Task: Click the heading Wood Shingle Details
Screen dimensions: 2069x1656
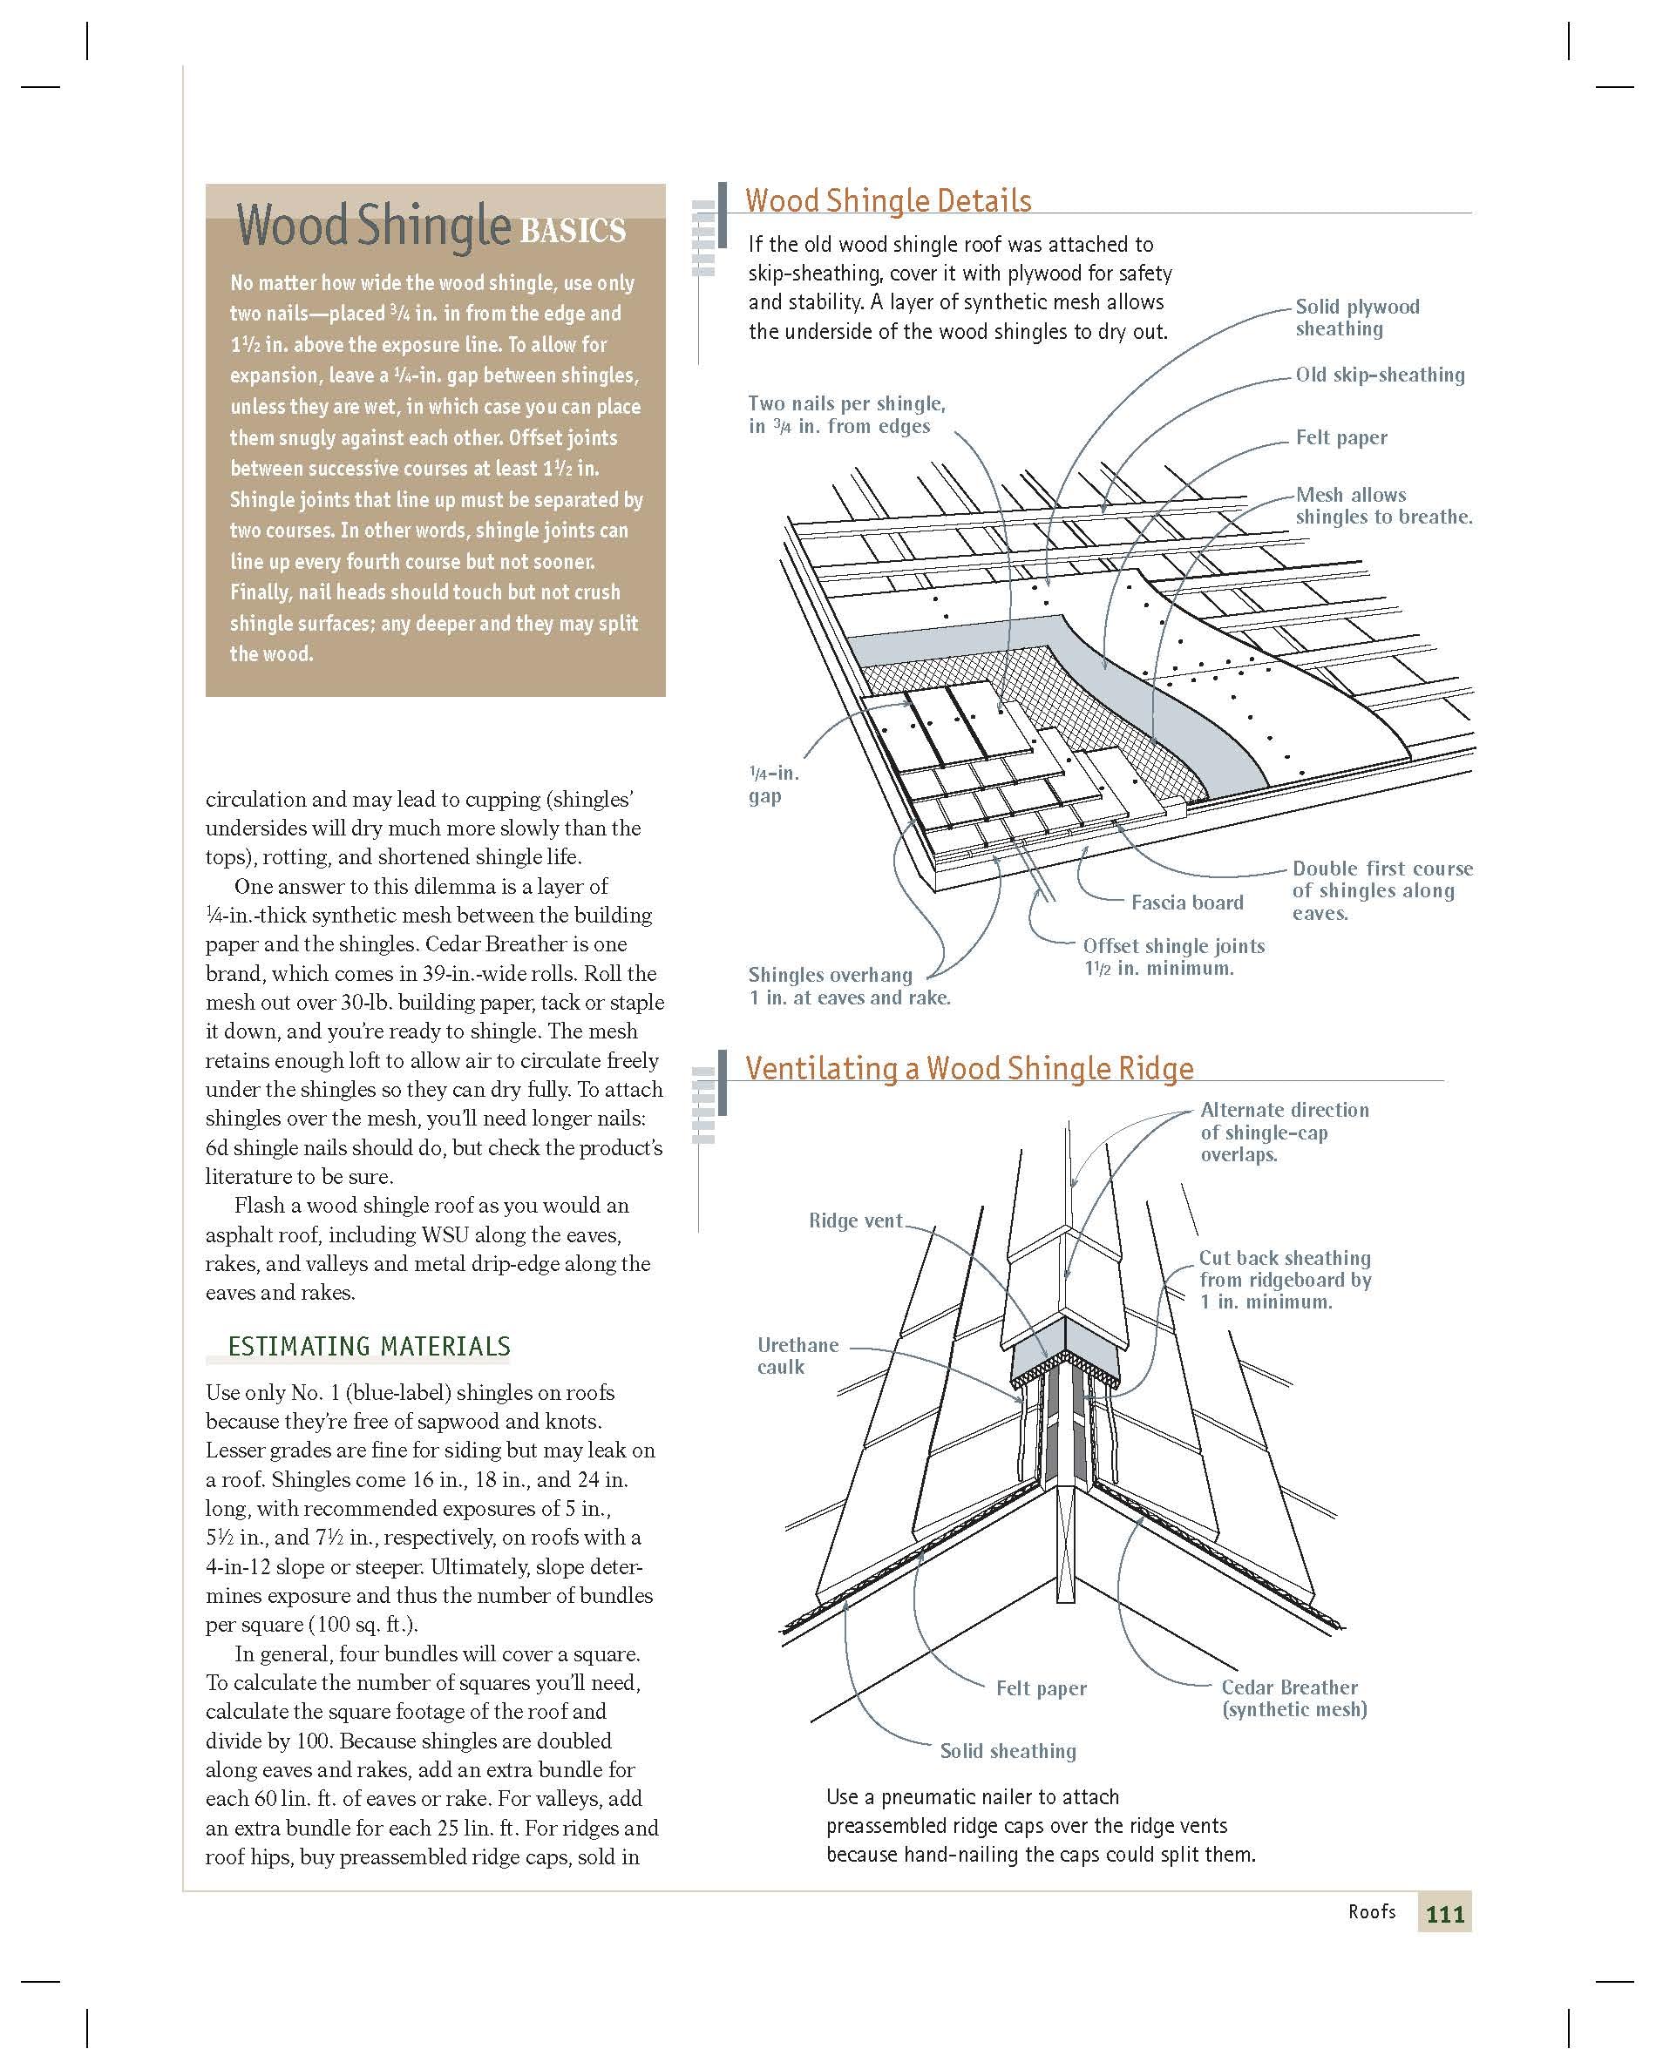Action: pyautogui.click(x=888, y=200)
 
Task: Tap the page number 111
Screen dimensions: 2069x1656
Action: pyautogui.click(x=1444, y=1915)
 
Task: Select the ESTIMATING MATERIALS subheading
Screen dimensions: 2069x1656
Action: pyautogui.click(x=369, y=1347)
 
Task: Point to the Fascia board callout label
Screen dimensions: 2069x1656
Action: pyautogui.click(x=1186, y=902)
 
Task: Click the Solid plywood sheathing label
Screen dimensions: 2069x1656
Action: pyautogui.click(x=1356, y=318)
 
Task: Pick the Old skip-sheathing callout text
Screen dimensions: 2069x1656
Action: pyautogui.click(x=1380, y=375)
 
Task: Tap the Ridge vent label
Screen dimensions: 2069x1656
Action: pyautogui.click(x=855, y=1220)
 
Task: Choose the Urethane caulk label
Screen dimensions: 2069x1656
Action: pyautogui.click(x=797, y=1356)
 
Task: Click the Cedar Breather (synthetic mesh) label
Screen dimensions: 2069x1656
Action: pyautogui.click(x=1293, y=1698)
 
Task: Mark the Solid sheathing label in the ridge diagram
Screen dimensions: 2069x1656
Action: pyautogui.click(x=1008, y=1750)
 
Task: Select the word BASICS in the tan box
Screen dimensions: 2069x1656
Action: pyautogui.click(x=573, y=231)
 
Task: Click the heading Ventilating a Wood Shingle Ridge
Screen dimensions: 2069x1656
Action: pyautogui.click(x=969, y=1068)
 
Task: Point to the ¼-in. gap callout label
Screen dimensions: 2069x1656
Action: pyautogui.click(x=773, y=784)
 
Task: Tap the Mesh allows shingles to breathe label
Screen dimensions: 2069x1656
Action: pyautogui.click(x=1382, y=506)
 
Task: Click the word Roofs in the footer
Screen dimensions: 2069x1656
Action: pyautogui.click(x=1371, y=1911)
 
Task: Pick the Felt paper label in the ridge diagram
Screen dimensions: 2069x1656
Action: pyautogui.click(x=1041, y=1688)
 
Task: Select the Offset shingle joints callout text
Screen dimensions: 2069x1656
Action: pyautogui.click(x=1173, y=957)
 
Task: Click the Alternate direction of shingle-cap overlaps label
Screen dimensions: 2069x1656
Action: pyautogui.click(x=1284, y=1133)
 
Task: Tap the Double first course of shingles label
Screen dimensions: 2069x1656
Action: pyautogui.click(x=1381, y=890)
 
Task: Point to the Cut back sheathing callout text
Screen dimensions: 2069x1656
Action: pyautogui.click(x=1285, y=1279)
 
